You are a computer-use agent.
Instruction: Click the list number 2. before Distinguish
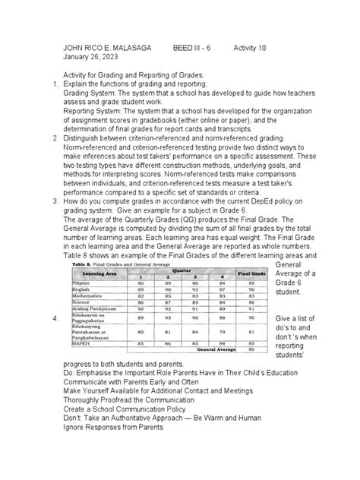pos(55,140)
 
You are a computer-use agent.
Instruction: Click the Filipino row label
pos(85,281)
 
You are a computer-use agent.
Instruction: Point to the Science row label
pos(85,301)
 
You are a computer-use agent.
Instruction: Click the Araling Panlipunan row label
pos(97,308)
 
